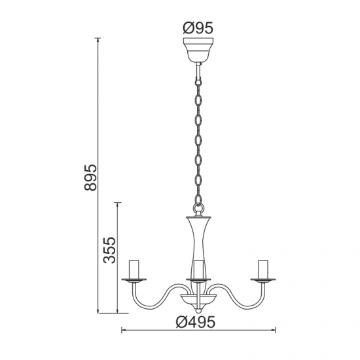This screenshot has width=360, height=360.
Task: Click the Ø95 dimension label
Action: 198,28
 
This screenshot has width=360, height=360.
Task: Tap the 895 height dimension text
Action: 90,177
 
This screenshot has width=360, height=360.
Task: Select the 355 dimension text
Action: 109,250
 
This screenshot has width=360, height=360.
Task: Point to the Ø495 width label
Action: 196,322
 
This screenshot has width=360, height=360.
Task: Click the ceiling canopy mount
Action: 198,50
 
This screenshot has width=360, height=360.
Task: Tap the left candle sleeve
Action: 134,269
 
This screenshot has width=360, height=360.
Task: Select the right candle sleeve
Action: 263,269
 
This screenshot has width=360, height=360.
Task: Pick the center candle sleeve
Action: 198,269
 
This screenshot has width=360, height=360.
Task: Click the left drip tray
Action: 134,280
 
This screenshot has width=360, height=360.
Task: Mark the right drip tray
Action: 263,280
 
